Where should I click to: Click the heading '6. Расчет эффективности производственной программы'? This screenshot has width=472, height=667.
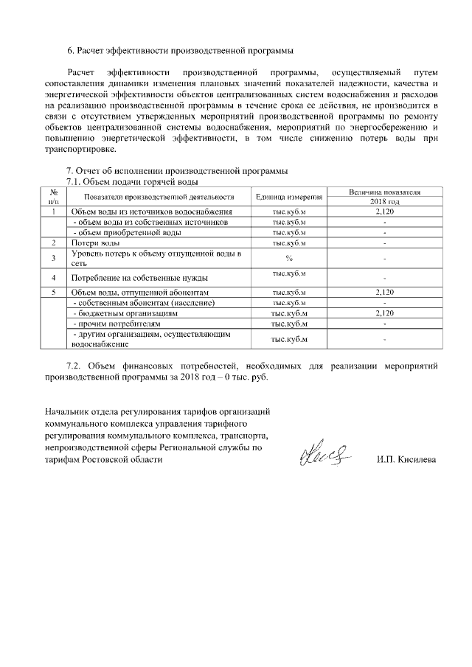[180, 51]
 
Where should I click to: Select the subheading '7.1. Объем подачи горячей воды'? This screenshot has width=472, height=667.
[133, 181]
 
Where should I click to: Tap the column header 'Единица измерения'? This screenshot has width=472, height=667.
[289, 197]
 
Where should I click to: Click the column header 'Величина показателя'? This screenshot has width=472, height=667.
[384, 192]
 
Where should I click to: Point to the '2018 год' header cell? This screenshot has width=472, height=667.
[384, 201]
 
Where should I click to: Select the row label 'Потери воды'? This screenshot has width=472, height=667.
[95, 242]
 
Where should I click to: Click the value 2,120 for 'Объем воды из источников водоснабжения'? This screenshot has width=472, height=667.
[384, 212]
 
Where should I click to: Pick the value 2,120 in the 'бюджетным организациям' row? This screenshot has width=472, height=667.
[384, 313]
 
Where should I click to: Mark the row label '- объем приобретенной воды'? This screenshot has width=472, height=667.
[125, 232]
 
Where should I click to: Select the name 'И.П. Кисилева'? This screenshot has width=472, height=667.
[406, 460]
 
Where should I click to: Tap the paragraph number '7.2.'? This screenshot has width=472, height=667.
[74, 366]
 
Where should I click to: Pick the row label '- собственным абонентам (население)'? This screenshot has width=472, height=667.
[144, 303]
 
